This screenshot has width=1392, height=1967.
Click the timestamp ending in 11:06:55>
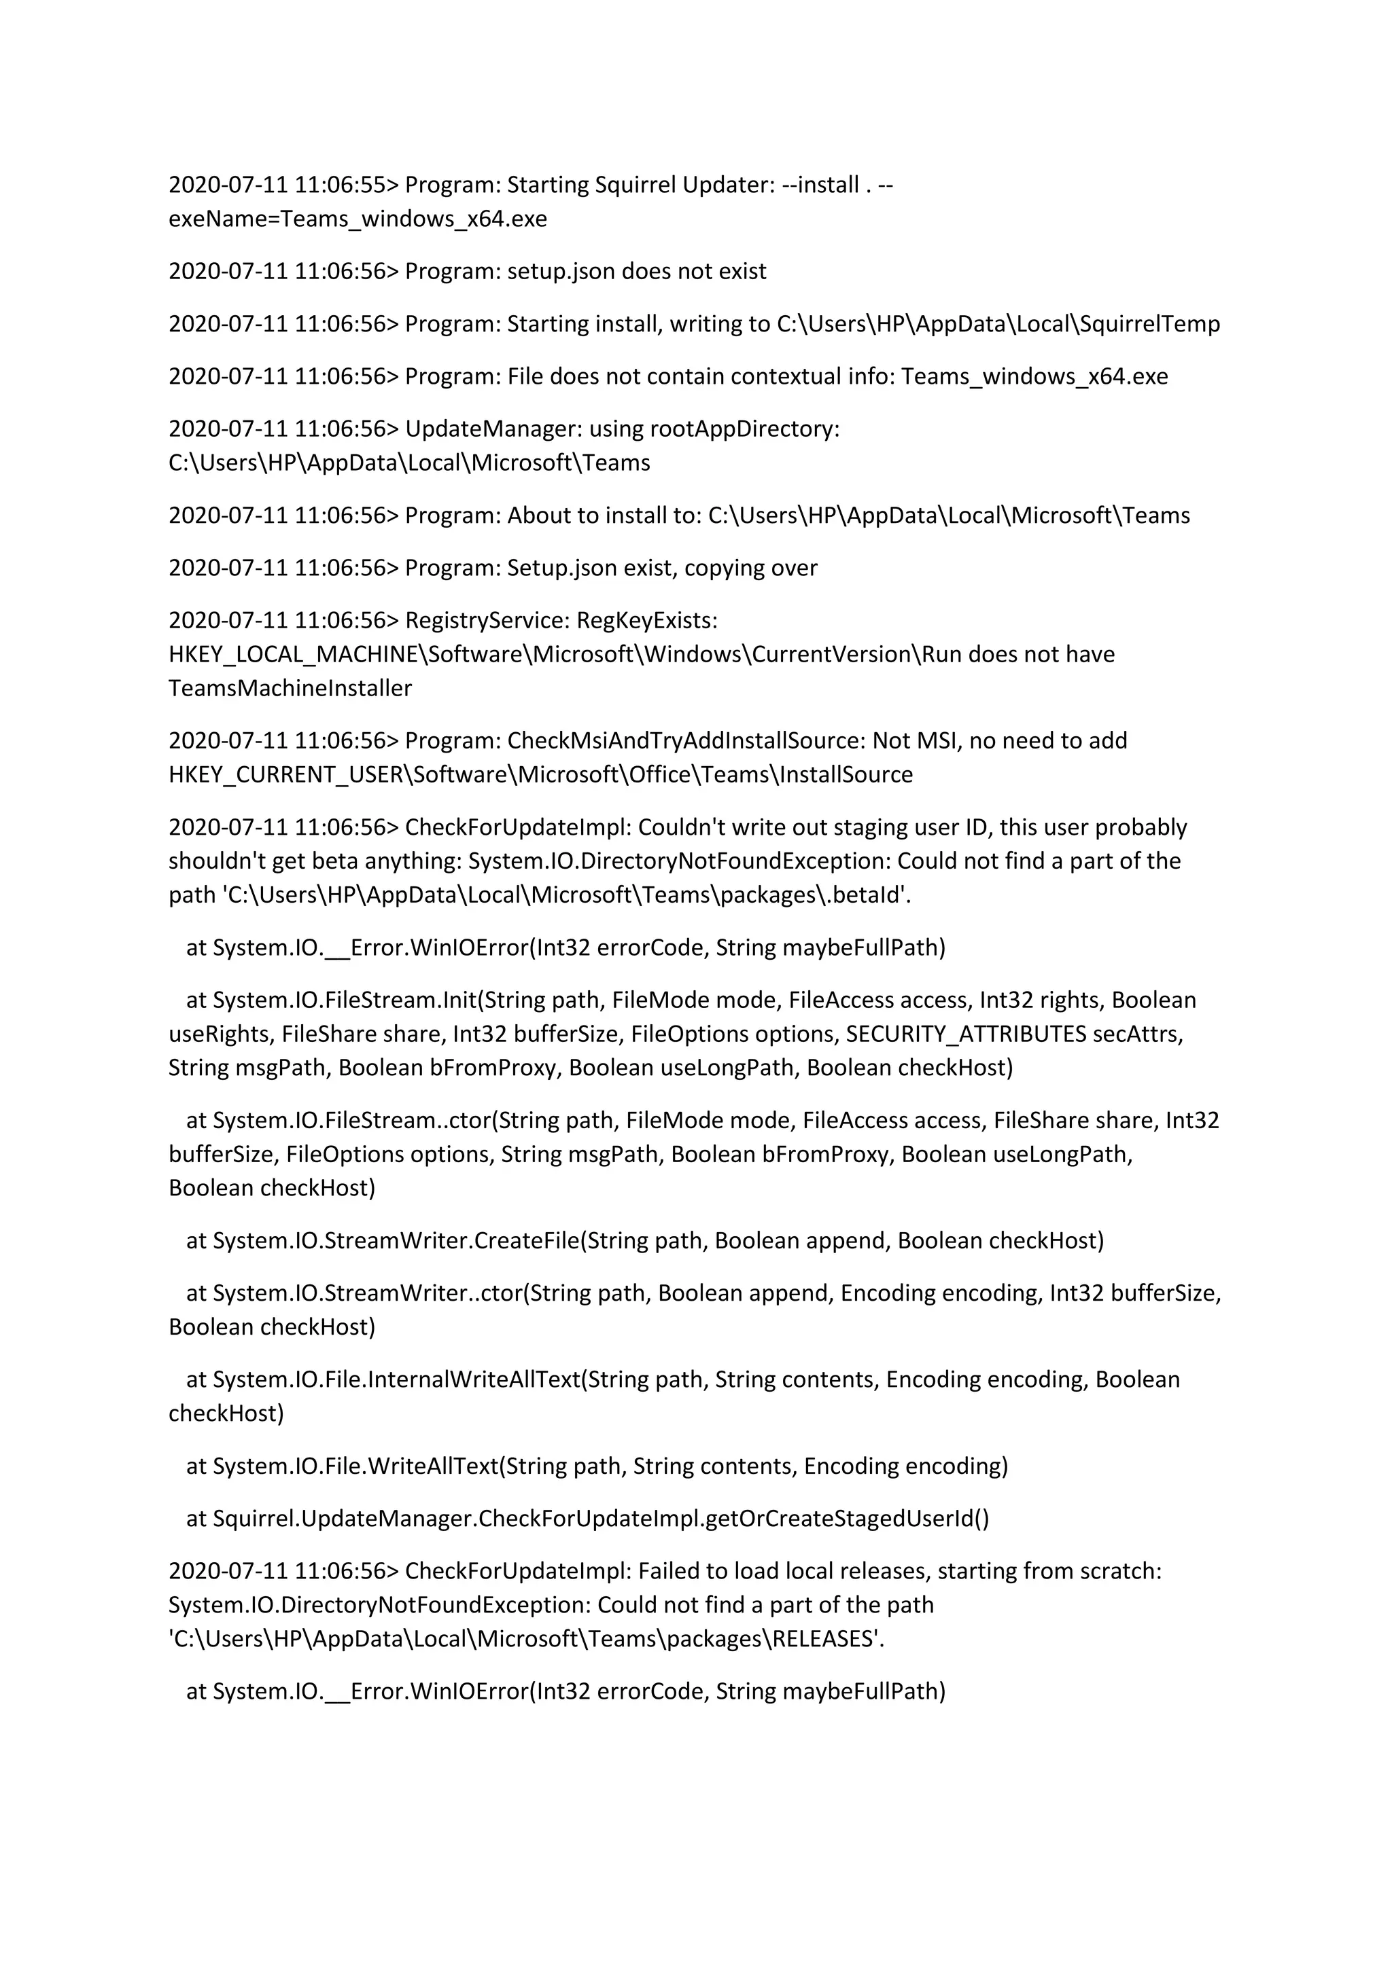(283, 185)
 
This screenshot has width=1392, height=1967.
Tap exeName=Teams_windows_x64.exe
(358, 219)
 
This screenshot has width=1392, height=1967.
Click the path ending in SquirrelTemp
(998, 324)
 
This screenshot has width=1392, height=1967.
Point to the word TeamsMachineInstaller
(290, 689)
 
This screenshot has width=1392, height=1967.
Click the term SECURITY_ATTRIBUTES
(966, 1034)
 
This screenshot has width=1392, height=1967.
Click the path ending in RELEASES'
(526, 1639)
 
